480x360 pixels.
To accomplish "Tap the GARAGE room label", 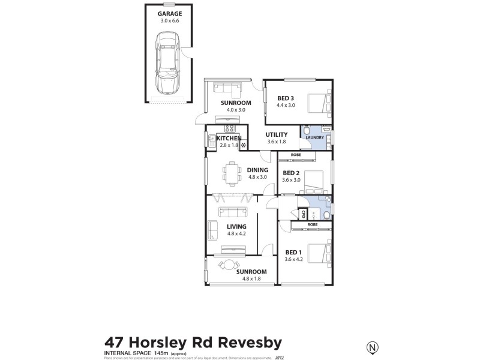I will click(x=170, y=13).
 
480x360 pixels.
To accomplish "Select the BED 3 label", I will click(x=286, y=98).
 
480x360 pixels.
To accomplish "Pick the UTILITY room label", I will click(x=277, y=134).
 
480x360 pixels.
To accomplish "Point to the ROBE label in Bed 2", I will click(x=296, y=155).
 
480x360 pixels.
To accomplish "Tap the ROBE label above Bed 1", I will click(x=312, y=224).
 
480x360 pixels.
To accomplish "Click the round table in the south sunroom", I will click(x=228, y=265).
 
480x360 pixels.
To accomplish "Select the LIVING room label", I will click(x=236, y=226).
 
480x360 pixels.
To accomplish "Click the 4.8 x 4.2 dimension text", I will click(x=236, y=234).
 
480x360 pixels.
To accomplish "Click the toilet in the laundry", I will click(x=306, y=131).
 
